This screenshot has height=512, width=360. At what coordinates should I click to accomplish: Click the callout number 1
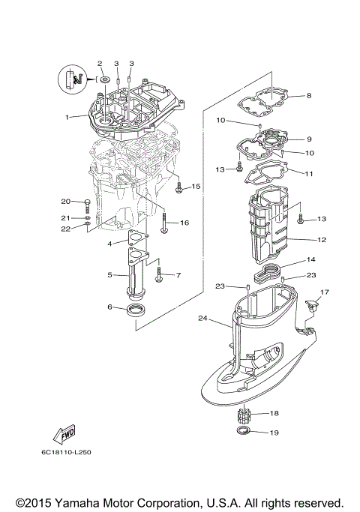(x=67, y=117)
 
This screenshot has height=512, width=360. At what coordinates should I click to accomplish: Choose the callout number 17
(x=325, y=292)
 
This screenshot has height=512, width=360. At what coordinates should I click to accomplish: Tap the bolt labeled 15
(x=179, y=188)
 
